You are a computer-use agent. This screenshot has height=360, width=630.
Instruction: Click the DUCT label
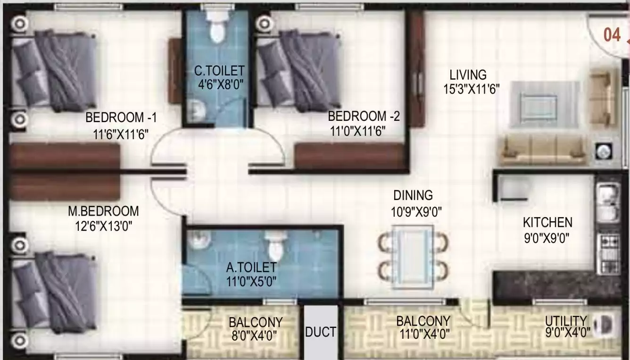[321, 332]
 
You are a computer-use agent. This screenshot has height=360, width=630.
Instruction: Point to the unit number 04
[612, 35]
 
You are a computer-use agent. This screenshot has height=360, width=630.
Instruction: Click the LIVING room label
[467, 75]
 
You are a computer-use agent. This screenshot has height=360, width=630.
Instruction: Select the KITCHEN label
[547, 222]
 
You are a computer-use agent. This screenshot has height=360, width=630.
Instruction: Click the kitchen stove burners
[608, 247]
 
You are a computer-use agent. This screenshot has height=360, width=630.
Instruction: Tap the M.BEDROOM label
[103, 211]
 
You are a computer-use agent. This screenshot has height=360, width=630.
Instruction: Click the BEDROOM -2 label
[364, 116]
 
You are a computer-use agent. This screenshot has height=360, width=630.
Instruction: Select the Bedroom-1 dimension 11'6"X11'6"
[121, 134]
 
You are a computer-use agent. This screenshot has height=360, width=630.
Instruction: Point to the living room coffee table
[544, 104]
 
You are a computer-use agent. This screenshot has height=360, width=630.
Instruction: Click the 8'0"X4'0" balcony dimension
[255, 336]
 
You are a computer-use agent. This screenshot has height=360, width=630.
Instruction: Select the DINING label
[413, 195]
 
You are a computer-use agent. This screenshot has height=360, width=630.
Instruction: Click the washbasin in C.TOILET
[197, 111]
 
